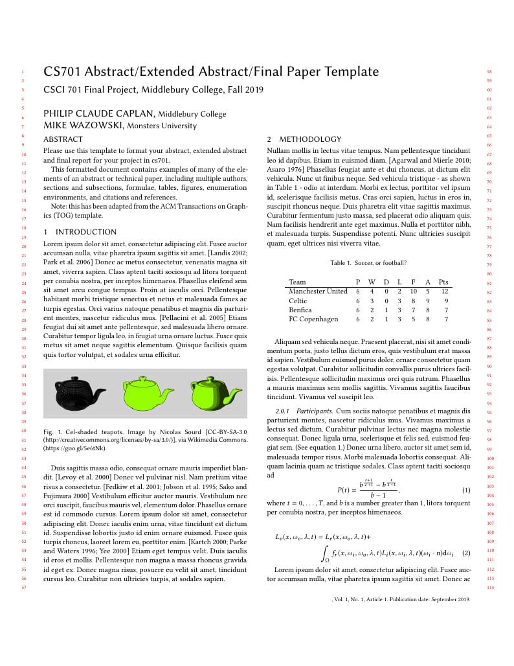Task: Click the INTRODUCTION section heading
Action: pos(86,232)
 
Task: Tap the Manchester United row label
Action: pos(318,292)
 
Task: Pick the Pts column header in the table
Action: pos(443,282)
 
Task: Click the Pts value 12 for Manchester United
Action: pos(445,292)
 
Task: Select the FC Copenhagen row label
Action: pos(313,319)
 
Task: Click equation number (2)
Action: pos(465,554)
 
